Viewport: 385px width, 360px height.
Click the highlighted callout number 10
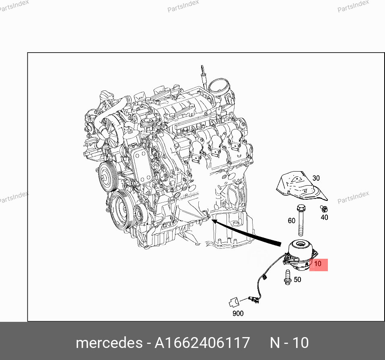coord(318,264)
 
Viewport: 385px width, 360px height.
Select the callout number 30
coord(316,178)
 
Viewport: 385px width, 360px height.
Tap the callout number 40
coord(324,217)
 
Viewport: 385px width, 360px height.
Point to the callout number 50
coord(297,279)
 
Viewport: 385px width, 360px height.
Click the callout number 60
coord(291,221)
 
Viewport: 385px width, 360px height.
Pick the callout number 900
coord(238,313)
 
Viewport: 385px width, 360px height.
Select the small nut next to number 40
coord(323,208)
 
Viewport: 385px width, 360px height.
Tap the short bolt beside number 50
coord(288,277)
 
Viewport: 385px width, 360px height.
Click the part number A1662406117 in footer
coord(203,343)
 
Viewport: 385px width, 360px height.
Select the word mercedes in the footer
coord(108,343)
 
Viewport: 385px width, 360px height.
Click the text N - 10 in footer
coord(289,343)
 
